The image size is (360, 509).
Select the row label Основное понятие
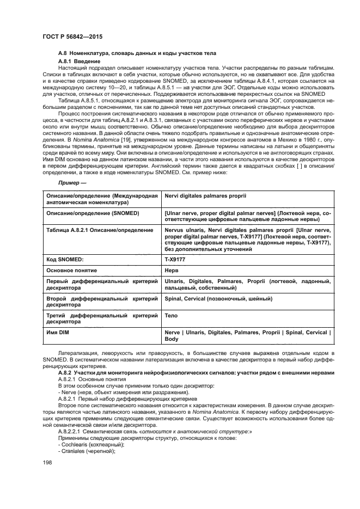(x=72, y=270)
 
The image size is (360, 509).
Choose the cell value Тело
(x=171, y=316)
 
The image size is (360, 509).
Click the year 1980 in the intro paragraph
(x=308, y=140)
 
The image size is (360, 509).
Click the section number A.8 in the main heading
(x=62, y=52)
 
